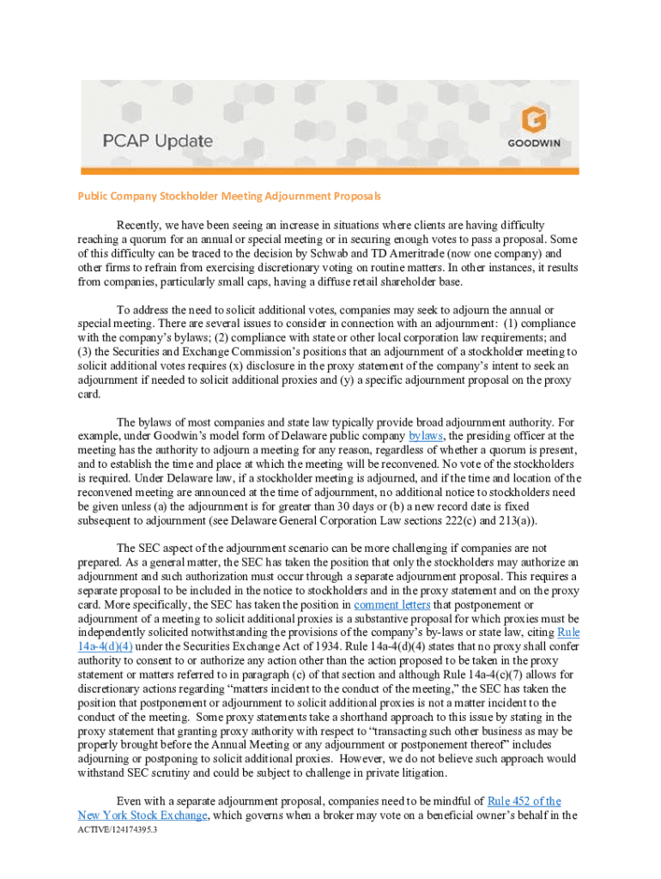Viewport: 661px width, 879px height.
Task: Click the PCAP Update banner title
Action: (x=159, y=140)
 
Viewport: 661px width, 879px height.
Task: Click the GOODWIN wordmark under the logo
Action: (x=534, y=143)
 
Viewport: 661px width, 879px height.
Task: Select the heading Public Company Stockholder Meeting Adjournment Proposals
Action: (x=229, y=197)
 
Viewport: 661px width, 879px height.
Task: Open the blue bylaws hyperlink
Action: (x=426, y=436)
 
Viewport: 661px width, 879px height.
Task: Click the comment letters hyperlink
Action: (x=388, y=604)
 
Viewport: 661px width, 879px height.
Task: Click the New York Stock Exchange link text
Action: (x=143, y=815)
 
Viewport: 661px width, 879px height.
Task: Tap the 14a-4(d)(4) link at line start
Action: (x=105, y=646)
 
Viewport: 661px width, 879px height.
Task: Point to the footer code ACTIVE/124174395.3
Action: (x=117, y=831)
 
